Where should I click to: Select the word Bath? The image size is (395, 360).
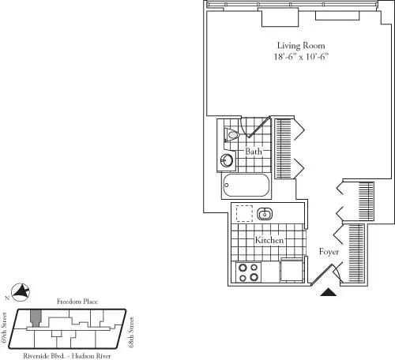253,152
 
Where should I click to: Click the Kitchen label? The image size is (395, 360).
269,239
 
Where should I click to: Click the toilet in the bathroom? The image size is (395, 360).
231,136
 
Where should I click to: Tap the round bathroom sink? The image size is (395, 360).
227,160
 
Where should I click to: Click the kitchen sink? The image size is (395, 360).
265,213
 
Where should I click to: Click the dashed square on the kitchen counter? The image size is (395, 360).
244,213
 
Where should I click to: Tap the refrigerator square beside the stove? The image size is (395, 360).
292,270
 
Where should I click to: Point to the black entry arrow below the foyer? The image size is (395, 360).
330,293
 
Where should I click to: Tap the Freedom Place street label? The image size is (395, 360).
76,302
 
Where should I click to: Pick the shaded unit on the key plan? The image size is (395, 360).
36,317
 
